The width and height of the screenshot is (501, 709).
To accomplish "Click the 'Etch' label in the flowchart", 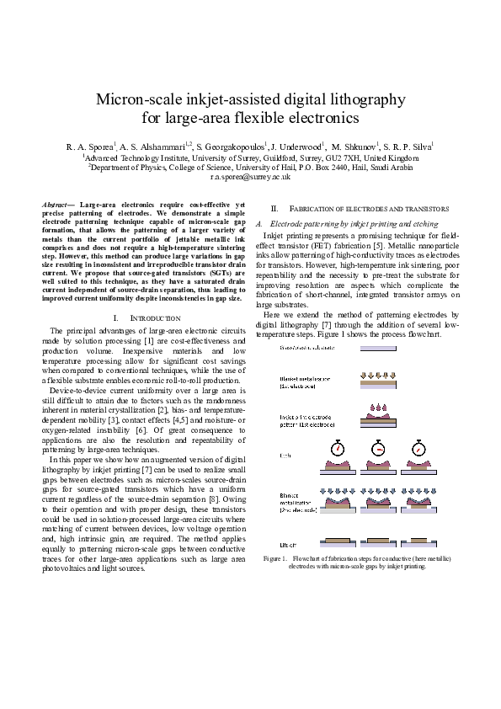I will [285, 456].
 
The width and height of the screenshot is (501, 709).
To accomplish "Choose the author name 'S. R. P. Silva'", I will [409, 147].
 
